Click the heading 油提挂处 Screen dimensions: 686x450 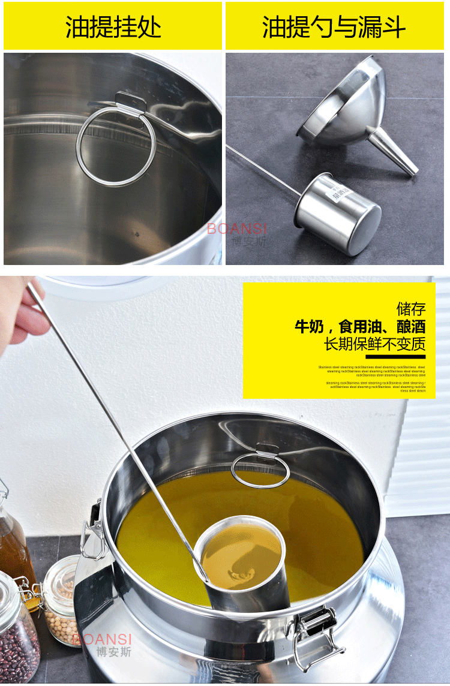click(113, 27)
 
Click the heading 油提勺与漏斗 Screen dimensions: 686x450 click(334, 27)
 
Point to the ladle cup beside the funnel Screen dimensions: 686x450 click(339, 213)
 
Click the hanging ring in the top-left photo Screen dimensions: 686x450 click(116, 146)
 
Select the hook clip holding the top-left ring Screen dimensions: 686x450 click(131, 102)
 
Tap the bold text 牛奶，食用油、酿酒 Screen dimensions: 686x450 click(360, 327)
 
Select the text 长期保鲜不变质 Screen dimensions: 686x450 click(374, 344)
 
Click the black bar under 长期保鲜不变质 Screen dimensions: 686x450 click(391, 357)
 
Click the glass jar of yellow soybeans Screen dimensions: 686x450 click(60, 600)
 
